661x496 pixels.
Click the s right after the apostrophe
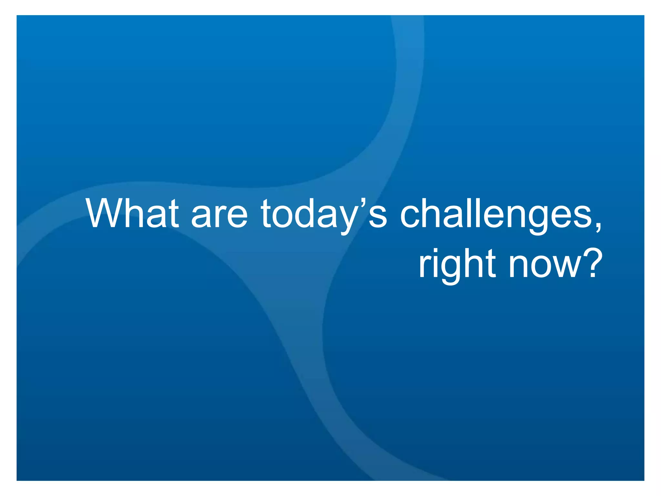[x=378, y=217]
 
